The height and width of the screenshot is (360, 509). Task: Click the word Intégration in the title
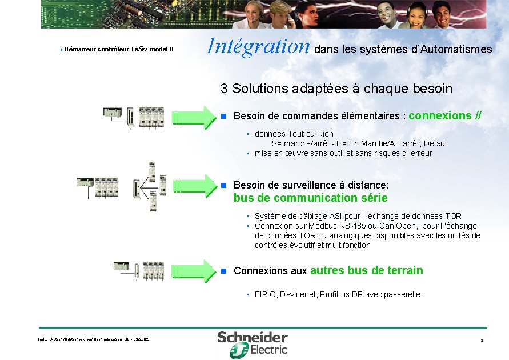(258, 46)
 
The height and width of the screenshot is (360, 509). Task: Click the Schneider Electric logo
(252, 345)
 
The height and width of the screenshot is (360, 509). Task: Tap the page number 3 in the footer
(482, 341)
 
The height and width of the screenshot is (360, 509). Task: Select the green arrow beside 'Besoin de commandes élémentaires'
(194, 116)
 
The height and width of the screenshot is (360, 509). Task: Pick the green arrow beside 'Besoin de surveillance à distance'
(194, 185)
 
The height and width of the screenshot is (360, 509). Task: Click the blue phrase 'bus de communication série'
(310, 198)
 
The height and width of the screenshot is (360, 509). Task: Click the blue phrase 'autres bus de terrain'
(366, 270)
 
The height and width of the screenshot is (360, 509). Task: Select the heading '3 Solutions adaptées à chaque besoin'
(336, 89)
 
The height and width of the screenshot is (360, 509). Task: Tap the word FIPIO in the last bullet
(266, 295)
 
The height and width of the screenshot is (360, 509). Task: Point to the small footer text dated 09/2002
(93, 339)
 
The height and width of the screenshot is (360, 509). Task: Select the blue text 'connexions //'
(445, 116)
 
